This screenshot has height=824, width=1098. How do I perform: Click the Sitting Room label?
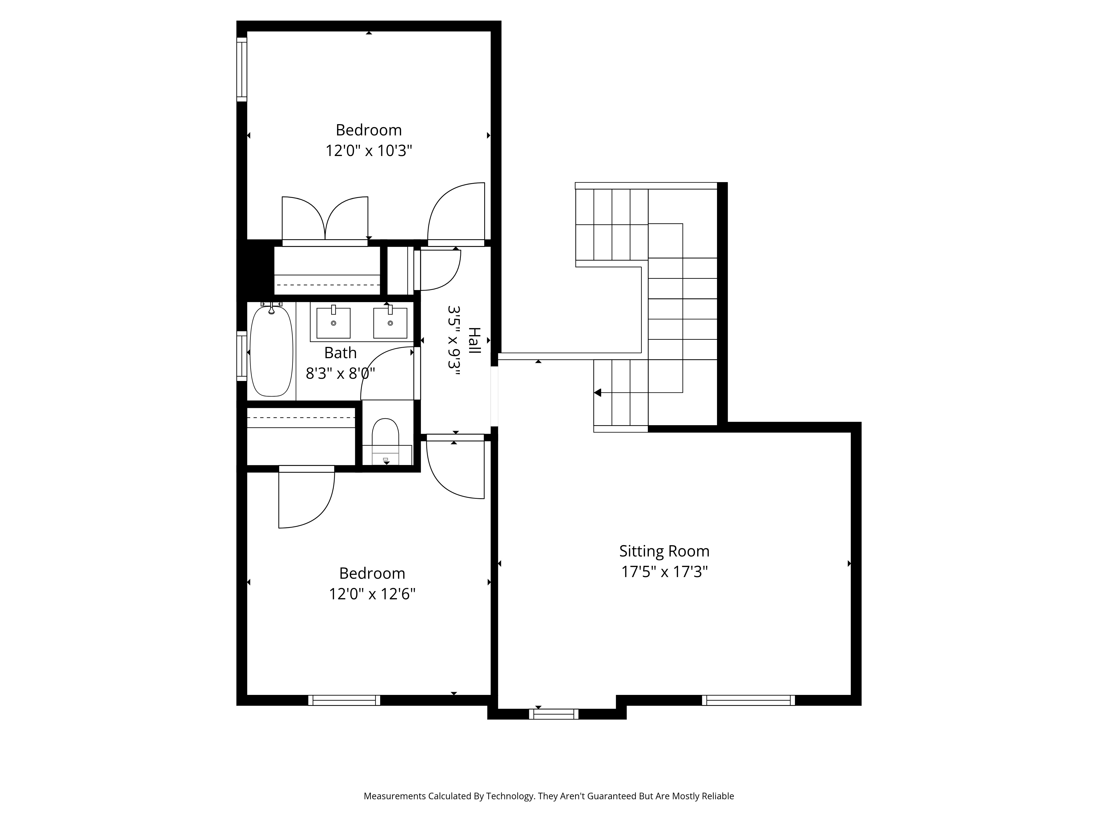tap(664, 551)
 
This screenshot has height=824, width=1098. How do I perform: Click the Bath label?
tap(341, 353)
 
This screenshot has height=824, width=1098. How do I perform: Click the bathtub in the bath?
tap(271, 351)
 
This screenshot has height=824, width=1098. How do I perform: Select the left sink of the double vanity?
tap(334, 322)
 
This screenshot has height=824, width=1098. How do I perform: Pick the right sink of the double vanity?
tap(390, 322)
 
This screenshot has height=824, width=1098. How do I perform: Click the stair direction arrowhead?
tap(598, 393)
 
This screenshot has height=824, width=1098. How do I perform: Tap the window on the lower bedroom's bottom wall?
tap(344, 700)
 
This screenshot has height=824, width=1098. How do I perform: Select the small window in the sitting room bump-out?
tap(553, 714)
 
